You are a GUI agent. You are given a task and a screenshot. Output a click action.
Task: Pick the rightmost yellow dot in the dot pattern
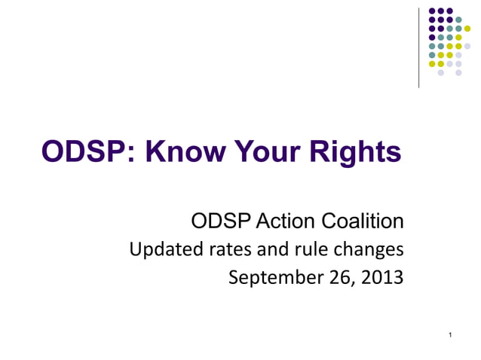click(467, 29)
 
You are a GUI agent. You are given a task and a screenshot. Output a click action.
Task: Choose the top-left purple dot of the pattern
click(432, 11)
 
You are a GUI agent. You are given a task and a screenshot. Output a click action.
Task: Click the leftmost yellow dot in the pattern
click(432, 64)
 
